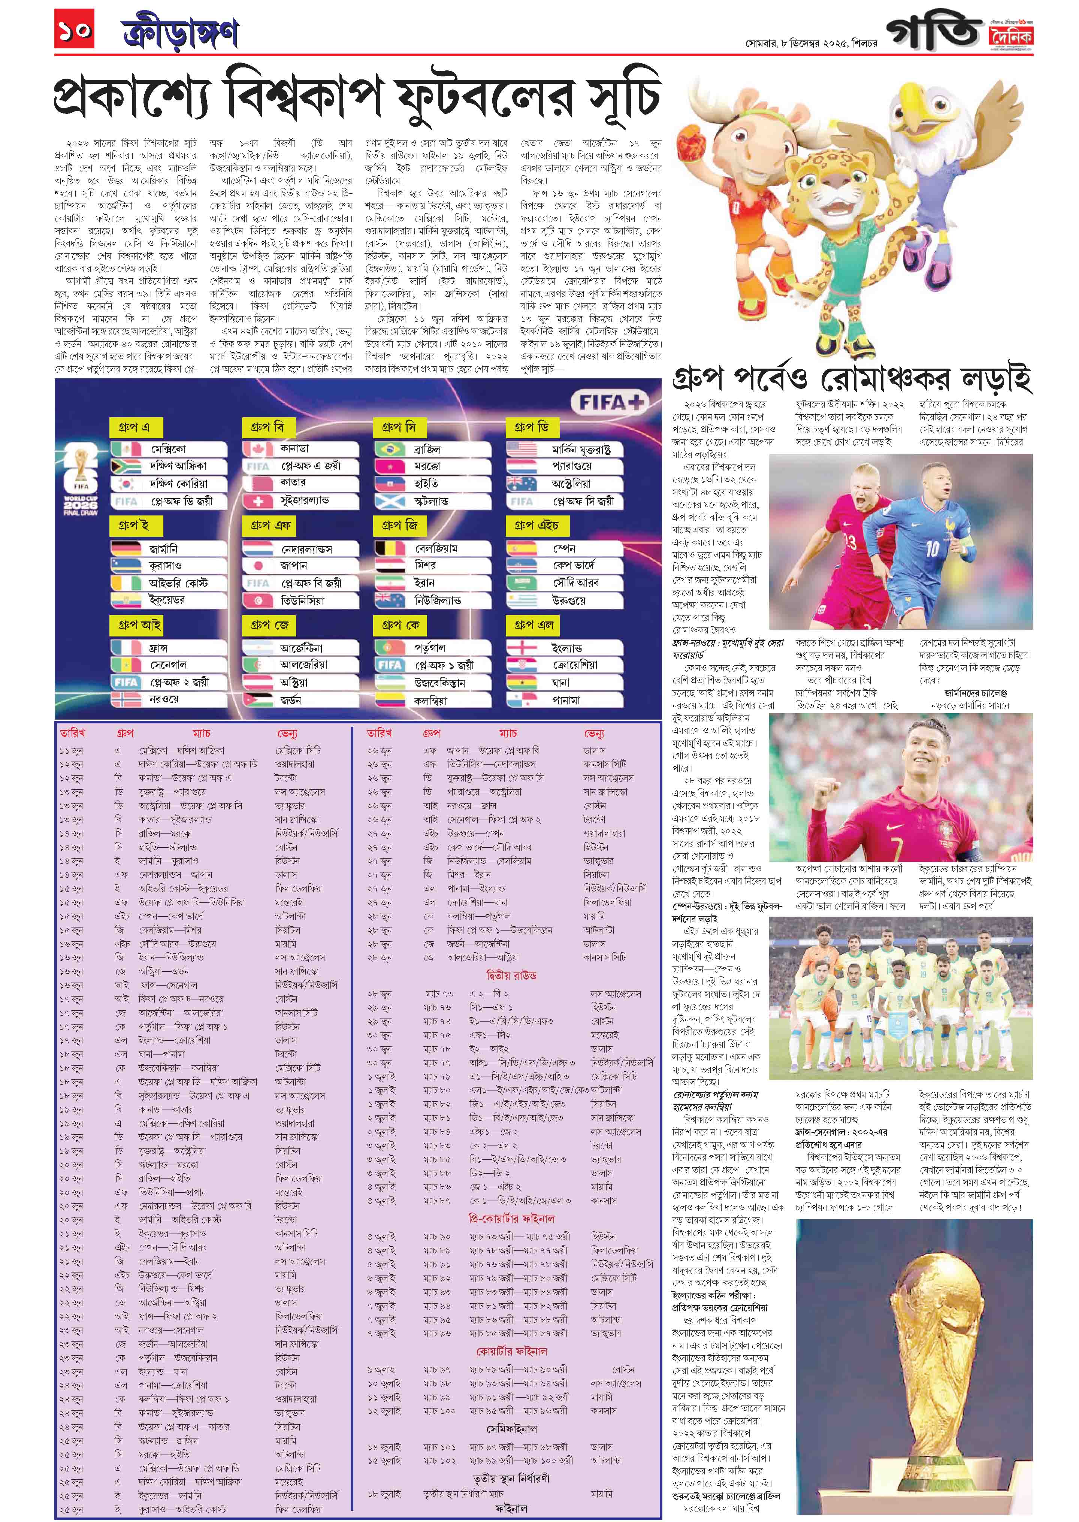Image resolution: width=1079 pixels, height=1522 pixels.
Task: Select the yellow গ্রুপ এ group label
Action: pyautogui.click(x=135, y=427)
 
